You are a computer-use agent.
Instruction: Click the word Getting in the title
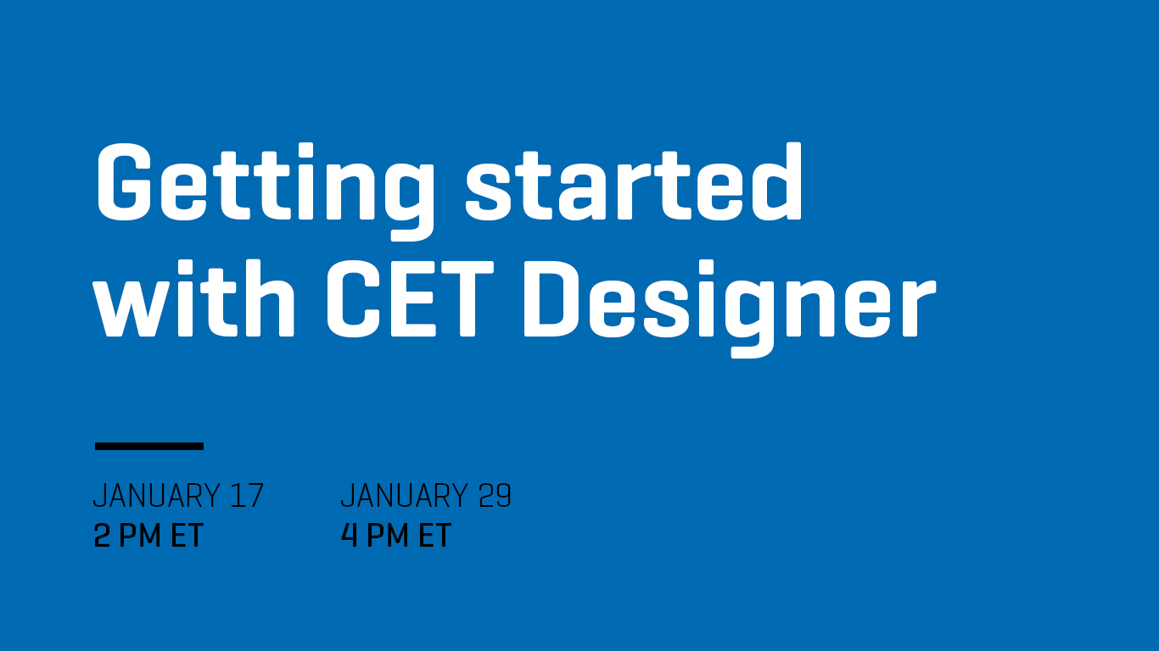[x=265, y=191]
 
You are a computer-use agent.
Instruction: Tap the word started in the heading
[x=634, y=181]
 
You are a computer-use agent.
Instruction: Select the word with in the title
[x=193, y=298]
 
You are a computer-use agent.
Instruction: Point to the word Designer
[x=729, y=308]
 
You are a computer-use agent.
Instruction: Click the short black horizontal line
[x=149, y=446]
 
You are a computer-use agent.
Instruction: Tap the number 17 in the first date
[x=247, y=495]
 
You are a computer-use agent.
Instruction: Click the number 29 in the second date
[x=495, y=495]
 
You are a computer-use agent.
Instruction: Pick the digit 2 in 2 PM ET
[x=102, y=535]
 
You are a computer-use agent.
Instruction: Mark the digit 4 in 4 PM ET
[x=350, y=535]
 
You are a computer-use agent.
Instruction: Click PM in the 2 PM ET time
[x=140, y=535]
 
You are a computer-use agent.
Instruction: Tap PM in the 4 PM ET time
[x=388, y=535]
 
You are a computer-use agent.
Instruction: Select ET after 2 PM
[x=187, y=535]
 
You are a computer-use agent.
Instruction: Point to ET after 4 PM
[x=434, y=535]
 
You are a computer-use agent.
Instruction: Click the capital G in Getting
[x=124, y=182]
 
